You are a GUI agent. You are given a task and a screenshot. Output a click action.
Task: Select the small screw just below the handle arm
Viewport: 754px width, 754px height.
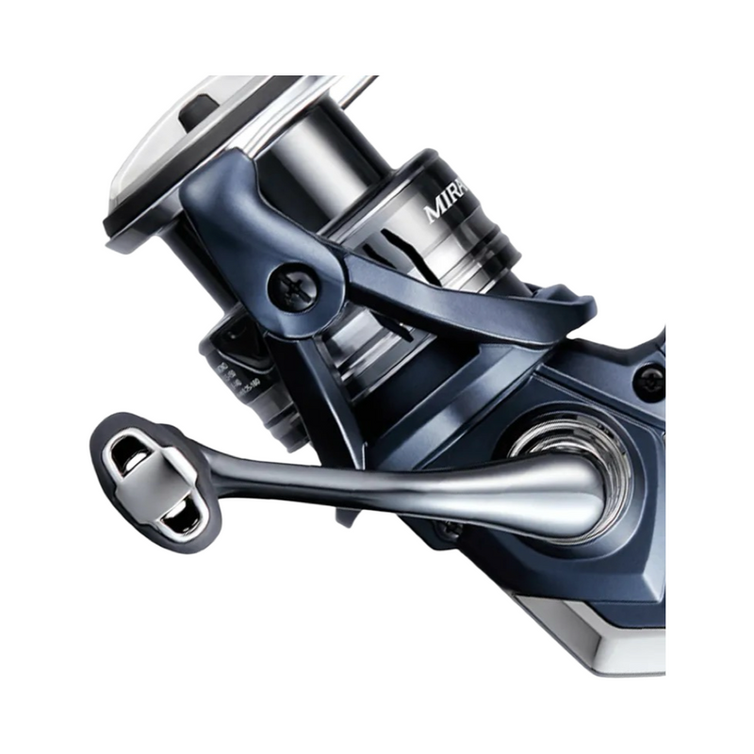pyautogui.click(x=450, y=530)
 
